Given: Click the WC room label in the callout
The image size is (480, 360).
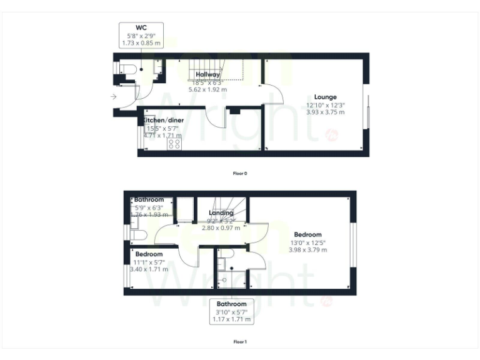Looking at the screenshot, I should (x=141, y=27).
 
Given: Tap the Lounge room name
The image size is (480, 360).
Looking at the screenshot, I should (x=326, y=97).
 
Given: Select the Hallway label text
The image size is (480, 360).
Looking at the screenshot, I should (x=207, y=75).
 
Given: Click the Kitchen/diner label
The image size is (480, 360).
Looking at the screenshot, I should (x=162, y=119).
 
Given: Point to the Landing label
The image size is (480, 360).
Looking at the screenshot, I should (x=221, y=213).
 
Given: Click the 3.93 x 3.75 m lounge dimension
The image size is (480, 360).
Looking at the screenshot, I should (x=325, y=112).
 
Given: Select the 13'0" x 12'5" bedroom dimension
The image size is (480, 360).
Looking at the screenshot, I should (x=307, y=242).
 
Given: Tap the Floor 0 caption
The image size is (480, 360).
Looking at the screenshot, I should (x=240, y=172).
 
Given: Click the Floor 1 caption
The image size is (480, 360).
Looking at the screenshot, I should (x=240, y=342).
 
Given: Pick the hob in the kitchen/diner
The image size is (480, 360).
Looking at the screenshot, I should (x=174, y=144).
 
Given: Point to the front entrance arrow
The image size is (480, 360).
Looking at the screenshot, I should (x=113, y=97).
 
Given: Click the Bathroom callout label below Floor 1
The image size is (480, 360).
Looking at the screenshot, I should (x=232, y=304).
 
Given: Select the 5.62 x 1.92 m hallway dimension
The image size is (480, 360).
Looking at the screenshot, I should (x=207, y=89).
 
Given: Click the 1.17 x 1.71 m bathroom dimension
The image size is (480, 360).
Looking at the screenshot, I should (x=232, y=319).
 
